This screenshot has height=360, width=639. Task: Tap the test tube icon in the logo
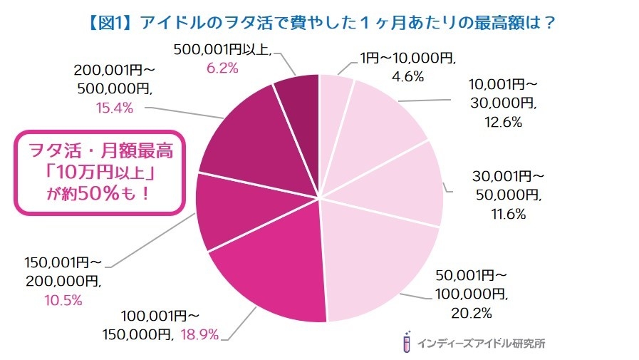[x=406, y=341]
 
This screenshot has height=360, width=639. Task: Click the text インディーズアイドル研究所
[x=481, y=343]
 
